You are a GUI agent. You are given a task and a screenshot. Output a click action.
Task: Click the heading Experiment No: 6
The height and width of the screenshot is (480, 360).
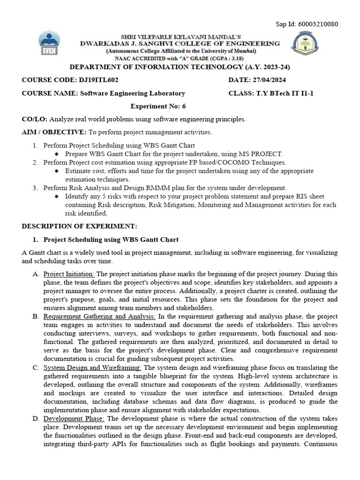158,106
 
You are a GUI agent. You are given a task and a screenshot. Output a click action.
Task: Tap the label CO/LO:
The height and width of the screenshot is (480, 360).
35,119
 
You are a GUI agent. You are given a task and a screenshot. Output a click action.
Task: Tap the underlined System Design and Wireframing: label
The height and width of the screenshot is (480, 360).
93,367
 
